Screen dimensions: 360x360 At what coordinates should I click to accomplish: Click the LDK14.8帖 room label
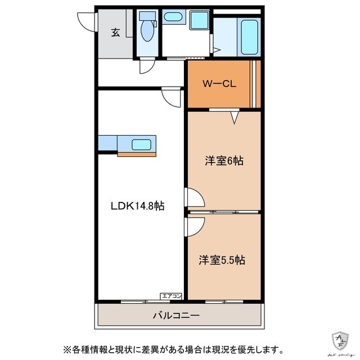coord(137,206)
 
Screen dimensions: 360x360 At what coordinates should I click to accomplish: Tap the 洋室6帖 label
coord(223,161)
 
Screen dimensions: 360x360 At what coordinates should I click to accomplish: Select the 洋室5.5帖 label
coord(222,260)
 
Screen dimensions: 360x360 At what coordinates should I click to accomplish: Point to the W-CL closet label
coord(219,84)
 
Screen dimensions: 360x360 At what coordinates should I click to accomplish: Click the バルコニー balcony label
coord(175,316)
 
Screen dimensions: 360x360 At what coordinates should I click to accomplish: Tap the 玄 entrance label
coord(115,32)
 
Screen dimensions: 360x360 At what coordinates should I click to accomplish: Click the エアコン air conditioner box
coord(171,295)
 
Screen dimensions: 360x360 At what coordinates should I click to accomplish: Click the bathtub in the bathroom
coord(248,35)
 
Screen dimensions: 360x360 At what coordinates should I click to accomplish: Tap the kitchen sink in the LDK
coord(141,144)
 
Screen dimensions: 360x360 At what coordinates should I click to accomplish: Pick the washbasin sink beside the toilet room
coord(172,17)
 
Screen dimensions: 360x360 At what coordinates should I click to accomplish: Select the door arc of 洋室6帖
coord(195,199)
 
